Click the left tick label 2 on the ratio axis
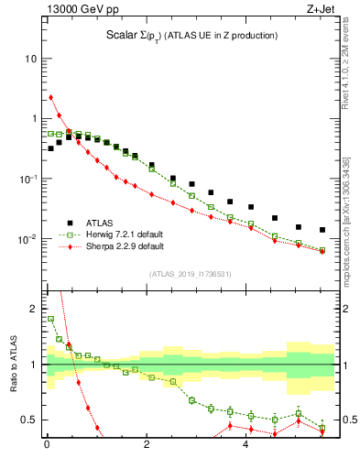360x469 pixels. (x=30, y=309)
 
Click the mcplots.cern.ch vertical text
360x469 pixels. (x=352, y=212)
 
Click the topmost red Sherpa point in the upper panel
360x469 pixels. (x=51, y=97)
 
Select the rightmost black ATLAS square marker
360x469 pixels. (x=322, y=230)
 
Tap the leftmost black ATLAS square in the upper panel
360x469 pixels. (x=51, y=148)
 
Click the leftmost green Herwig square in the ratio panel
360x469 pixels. (x=51, y=320)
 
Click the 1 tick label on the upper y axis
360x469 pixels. (x=32, y=118)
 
